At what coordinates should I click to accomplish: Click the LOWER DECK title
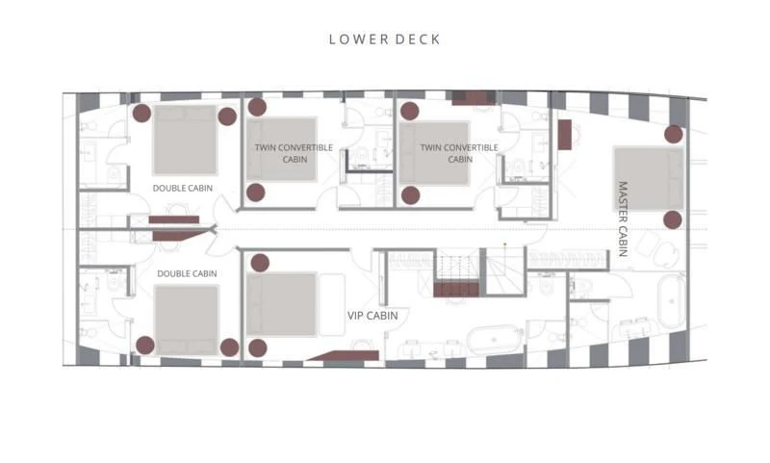tap(385, 39)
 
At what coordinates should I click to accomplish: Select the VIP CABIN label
tap(372, 315)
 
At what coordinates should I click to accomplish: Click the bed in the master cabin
tap(648, 178)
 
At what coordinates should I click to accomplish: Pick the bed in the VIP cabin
tap(281, 304)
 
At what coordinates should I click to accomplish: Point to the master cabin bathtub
tap(670, 303)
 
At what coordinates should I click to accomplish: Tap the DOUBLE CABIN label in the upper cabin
tap(183, 188)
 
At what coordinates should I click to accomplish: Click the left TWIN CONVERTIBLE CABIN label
tap(294, 153)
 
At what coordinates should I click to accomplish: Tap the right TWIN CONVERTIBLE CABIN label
tap(460, 153)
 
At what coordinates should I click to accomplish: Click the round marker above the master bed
tap(674, 134)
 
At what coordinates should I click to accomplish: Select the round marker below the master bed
tap(673, 219)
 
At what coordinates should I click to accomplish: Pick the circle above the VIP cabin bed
tap(257, 261)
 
